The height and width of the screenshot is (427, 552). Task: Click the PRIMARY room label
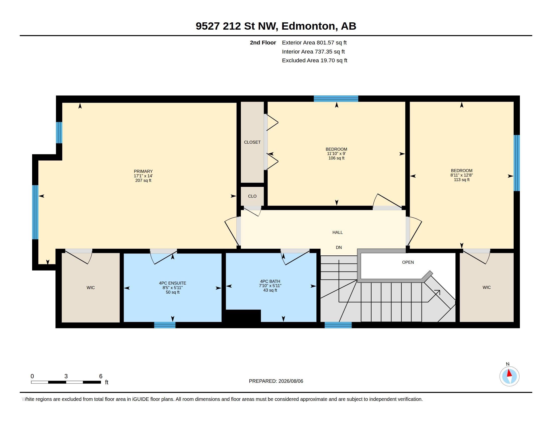pyautogui.click(x=143, y=171)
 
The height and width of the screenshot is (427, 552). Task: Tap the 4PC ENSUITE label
pyautogui.click(x=172, y=283)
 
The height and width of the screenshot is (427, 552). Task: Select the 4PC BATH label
pyautogui.click(x=270, y=281)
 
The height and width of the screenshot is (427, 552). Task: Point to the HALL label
pyautogui.click(x=337, y=232)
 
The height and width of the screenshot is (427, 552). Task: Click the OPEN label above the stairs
pyautogui.click(x=408, y=262)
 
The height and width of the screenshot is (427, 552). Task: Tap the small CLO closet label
pyautogui.click(x=252, y=196)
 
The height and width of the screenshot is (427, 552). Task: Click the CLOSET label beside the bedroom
pyautogui.click(x=252, y=142)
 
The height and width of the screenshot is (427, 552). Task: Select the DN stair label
pyautogui.click(x=339, y=247)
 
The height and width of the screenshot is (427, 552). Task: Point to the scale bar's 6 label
pyautogui.click(x=101, y=376)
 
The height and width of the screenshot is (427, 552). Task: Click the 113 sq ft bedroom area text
pyautogui.click(x=461, y=180)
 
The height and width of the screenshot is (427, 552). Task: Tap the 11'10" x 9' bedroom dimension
pyautogui.click(x=336, y=153)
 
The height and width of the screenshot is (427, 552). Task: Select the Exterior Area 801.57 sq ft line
pyautogui.click(x=314, y=42)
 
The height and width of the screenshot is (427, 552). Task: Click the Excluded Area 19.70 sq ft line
pyautogui.click(x=314, y=60)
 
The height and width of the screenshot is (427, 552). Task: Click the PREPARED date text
pyautogui.click(x=276, y=381)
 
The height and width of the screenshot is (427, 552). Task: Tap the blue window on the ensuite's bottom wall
pyautogui.click(x=165, y=325)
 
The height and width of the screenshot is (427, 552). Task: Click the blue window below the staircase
pyautogui.click(x=338, y=325)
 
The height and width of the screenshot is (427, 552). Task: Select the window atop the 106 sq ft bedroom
pyautogui.click(x=336, y=99)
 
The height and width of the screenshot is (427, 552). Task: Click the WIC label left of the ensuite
pyautogui.click(x=91, y=288)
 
